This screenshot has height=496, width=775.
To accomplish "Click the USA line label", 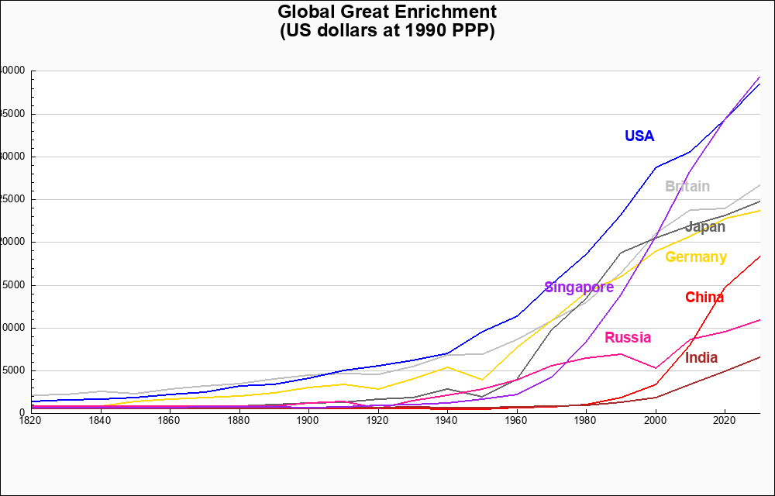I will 639,136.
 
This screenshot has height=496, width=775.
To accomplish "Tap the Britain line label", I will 687,187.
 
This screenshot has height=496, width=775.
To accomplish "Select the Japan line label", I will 705,227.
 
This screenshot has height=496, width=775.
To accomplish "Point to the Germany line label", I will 695,257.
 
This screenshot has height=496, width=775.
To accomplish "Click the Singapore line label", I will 579,288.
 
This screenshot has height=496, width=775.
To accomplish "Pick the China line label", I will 704,298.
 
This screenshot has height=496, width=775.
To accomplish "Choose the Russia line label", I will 627,338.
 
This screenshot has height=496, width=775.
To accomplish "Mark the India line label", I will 701,358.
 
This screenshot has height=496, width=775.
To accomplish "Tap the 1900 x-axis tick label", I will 308,420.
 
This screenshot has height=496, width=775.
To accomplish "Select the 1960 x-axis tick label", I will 517,420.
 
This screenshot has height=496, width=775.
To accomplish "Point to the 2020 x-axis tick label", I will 725,420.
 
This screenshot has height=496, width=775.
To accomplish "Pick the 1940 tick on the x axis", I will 447,420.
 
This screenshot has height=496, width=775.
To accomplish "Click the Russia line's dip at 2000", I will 656,368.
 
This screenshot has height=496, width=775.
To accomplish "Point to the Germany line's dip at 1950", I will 482,380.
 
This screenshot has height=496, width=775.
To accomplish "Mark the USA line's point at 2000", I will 656,167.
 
